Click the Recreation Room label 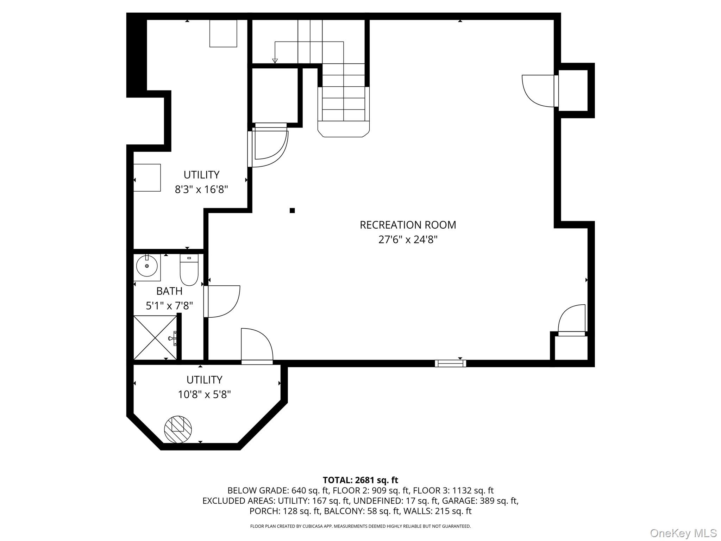408,225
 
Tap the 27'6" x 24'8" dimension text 408,240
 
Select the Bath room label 169,291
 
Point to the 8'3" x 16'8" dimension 201,189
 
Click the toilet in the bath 189,269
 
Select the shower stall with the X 155,338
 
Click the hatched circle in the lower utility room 178,429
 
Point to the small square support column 292,211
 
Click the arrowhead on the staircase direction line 275,61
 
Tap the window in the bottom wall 451,363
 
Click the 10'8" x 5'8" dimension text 204,394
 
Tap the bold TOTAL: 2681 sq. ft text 360,480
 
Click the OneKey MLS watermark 683,533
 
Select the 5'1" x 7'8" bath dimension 169,306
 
